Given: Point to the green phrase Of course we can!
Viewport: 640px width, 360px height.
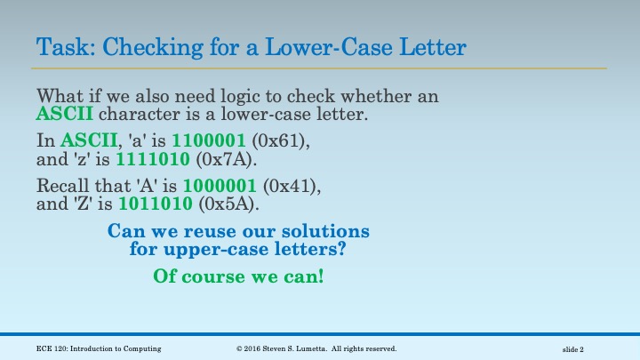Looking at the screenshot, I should [x=238, y=276].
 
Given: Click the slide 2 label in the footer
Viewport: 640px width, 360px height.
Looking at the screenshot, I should [x=579, y=348].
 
